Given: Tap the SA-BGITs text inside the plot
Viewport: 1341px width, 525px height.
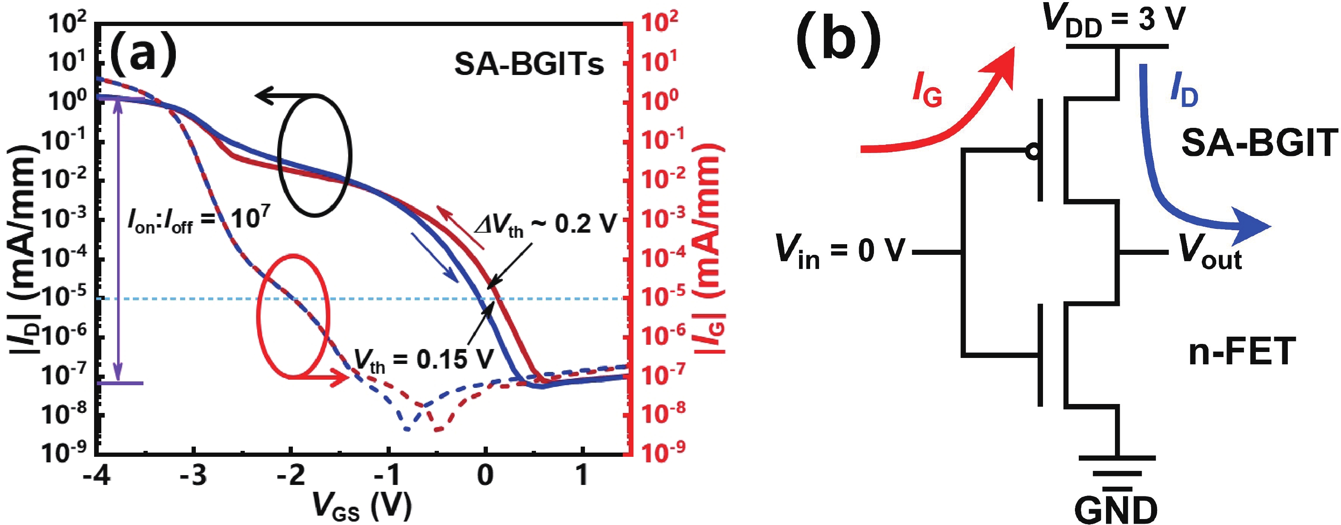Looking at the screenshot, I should coord(529,65).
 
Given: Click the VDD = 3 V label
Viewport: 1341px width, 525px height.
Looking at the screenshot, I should coord(1114,21).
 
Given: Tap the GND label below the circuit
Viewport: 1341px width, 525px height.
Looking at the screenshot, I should coord(1116,509).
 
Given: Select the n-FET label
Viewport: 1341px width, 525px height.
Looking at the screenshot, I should coord(1241,352).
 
